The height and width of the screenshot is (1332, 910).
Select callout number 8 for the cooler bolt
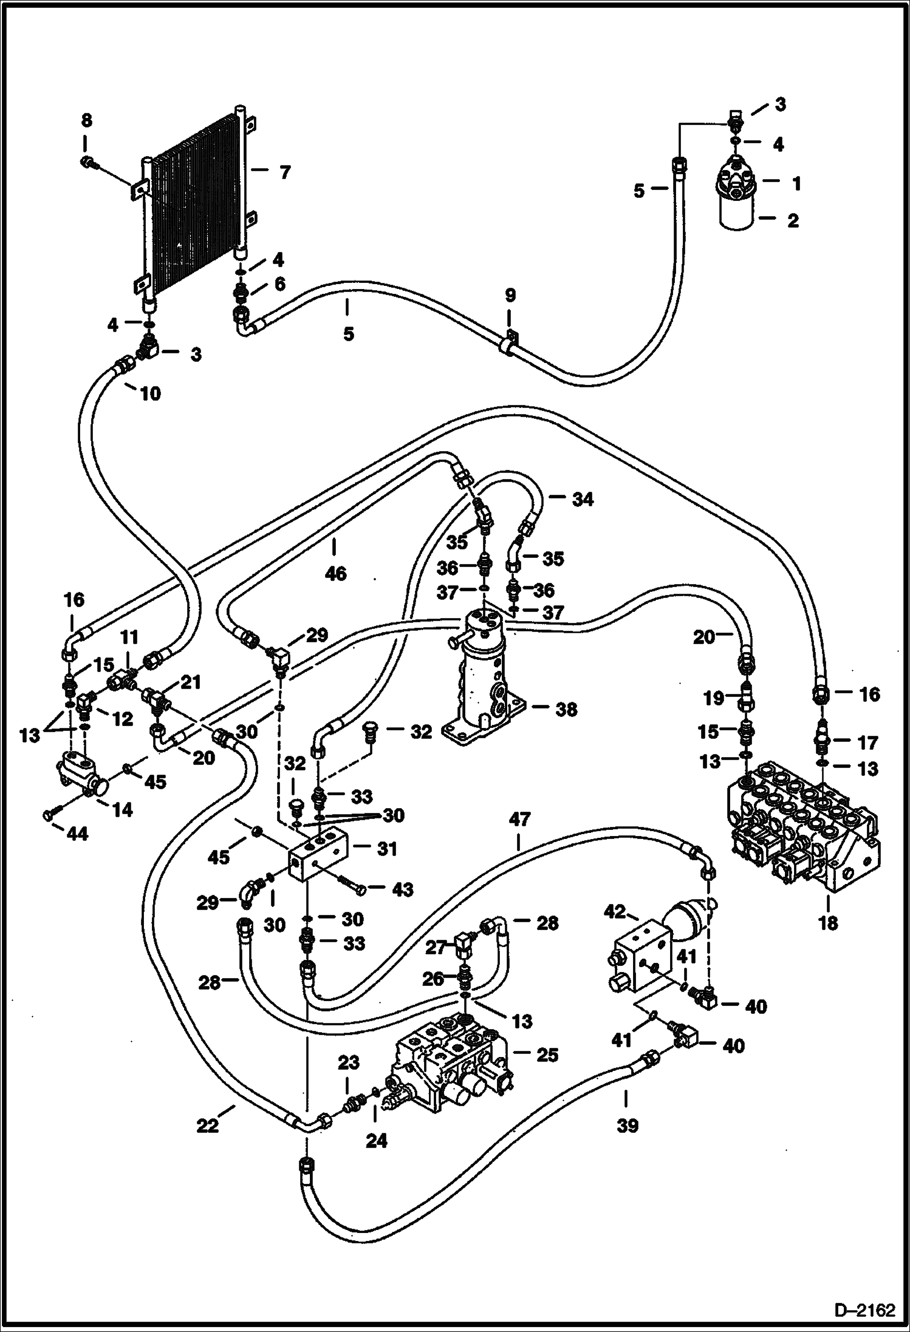pyautogui.click(x=86, y=121)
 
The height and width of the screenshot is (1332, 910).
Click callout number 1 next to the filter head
pyautogui.click(x=796, y=183)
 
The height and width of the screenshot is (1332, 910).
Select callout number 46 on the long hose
pyautogui.click(x=335, y=573)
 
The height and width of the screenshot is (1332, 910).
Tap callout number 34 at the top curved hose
pyautogui.click(x=581, y=499)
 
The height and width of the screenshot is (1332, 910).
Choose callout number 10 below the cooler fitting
pyautogui.click(x=150, y=393)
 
